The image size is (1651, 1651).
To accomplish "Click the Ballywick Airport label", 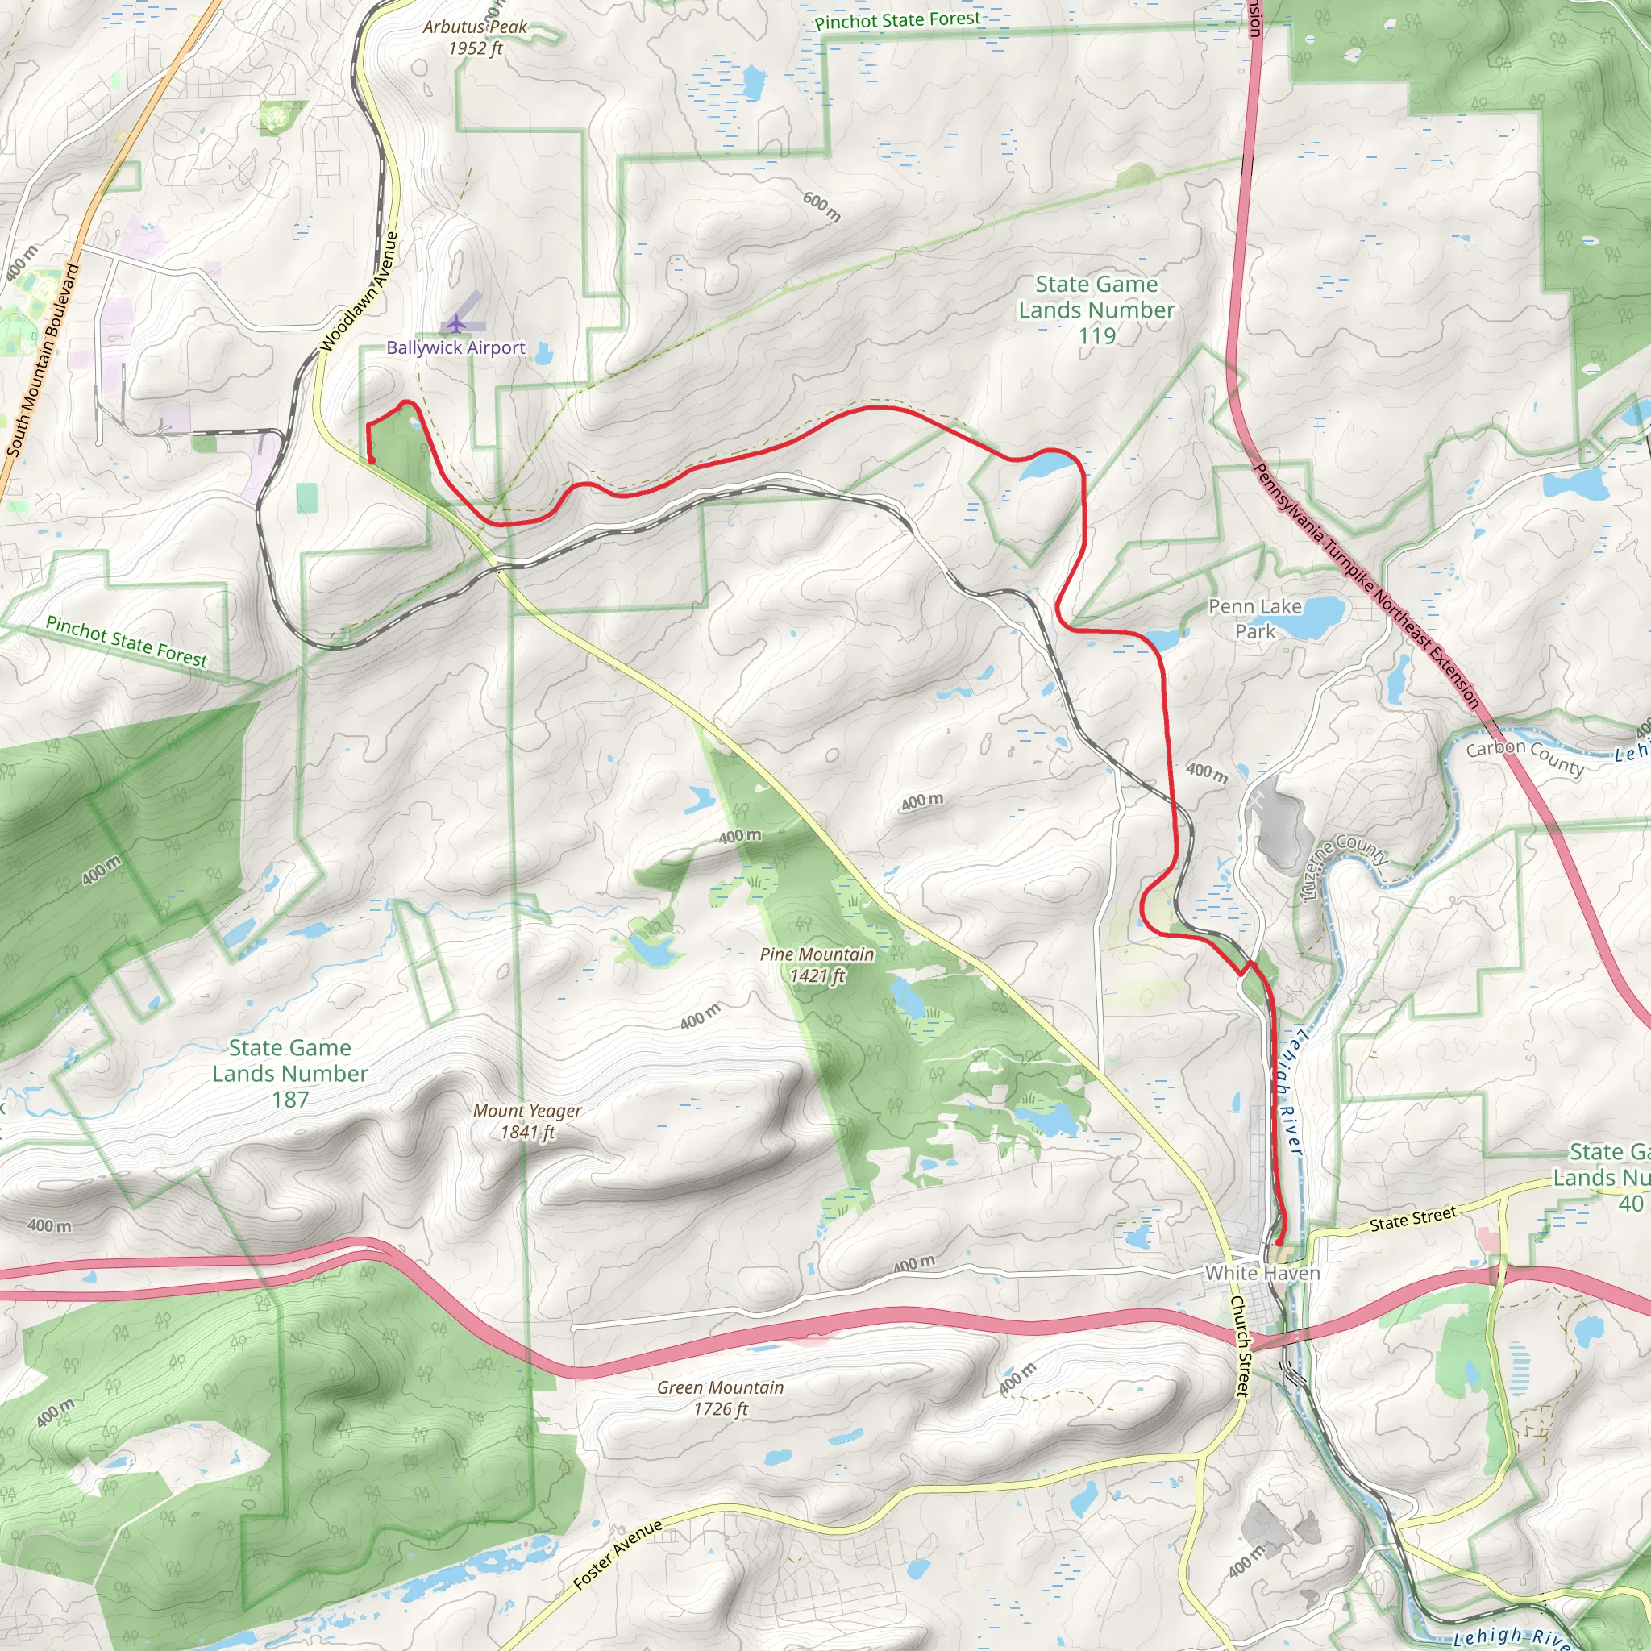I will tap(455, 347).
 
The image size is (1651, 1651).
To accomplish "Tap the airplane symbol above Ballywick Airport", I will tap(457, 324).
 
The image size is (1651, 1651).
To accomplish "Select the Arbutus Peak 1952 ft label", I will tap(475, 38).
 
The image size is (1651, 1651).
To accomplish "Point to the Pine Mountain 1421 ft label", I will tap(817, 965).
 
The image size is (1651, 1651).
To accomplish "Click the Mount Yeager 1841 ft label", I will tap(527, 1121).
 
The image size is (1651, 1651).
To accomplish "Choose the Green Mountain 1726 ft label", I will tap(721, 1398).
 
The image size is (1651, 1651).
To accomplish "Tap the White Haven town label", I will tap(1262, 1273).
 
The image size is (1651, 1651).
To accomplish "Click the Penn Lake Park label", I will tap(1254, 618).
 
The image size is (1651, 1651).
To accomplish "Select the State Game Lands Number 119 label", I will tap(1096, 310).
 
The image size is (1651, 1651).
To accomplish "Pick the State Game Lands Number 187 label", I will tap(289, 1073).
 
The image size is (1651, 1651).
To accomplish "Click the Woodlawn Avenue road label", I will tap(360, 293).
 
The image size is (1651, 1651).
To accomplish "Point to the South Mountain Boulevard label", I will tap(43, 360).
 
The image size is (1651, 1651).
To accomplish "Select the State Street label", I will tap(1412, 1219).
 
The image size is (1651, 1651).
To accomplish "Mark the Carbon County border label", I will tap(1524, 757).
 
